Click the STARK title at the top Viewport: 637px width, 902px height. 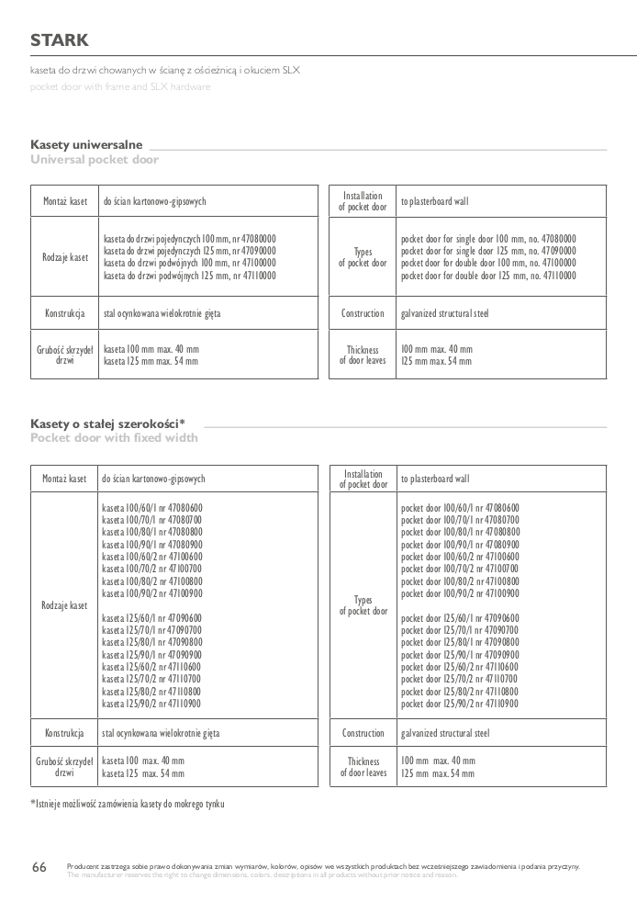(60, 40)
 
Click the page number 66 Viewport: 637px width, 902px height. (39, 867)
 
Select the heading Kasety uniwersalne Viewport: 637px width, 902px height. (86, 145)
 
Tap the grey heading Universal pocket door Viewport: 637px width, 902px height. (95, 160)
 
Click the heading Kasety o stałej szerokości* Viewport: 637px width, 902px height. (107, 423)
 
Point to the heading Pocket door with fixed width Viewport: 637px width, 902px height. (114, 438)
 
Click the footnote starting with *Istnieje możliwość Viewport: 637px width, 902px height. (128, 804)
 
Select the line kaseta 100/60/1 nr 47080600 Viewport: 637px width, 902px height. (152, 508)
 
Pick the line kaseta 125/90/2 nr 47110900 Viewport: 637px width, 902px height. (152, 704)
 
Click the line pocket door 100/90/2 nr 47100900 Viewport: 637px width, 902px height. (459, 593)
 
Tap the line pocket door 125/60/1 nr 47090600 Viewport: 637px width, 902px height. (459, 618)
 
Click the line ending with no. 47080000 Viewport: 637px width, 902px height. (489, 238)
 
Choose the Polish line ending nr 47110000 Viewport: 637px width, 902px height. (189, 275)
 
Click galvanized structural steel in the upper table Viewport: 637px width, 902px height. (444, 313)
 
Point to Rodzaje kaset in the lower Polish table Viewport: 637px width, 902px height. (64, 605)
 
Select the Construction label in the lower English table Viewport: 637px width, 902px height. (363, 733)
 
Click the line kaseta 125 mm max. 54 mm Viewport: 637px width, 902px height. (151, 362)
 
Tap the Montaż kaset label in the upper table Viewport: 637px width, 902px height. (65, 200)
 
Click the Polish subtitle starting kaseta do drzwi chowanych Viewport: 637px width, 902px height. (165, 70)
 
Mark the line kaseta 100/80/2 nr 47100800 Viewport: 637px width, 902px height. (152, 581)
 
